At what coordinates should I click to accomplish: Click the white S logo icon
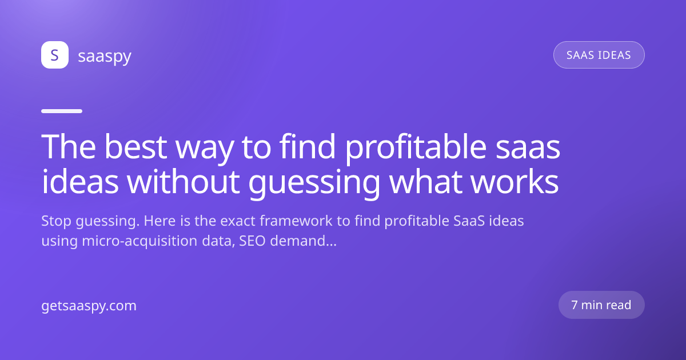[55, 55]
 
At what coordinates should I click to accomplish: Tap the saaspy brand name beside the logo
[105, 57]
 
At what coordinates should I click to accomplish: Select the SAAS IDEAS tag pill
[599, 55]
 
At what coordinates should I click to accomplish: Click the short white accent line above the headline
[62, 111]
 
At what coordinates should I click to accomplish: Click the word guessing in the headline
[314, 183]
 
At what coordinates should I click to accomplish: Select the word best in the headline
[135, 147]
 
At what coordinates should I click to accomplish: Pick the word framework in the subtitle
[296, 221]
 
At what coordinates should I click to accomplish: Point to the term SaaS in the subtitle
[469, 221]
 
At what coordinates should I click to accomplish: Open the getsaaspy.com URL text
[89, 306]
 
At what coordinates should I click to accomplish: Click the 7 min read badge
[601, 305]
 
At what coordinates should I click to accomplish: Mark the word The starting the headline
[68, 147]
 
